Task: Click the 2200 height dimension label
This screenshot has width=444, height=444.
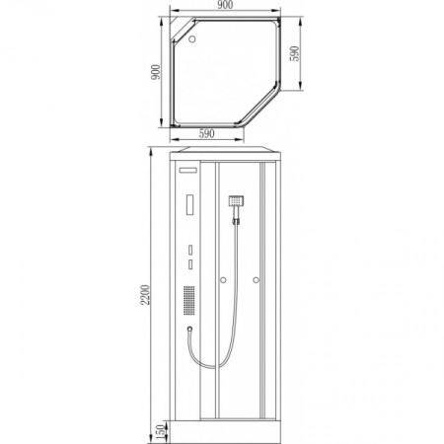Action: click(145, 295)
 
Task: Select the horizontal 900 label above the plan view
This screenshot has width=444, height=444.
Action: click(225, 5)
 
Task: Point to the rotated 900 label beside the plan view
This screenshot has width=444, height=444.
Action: click(156, 72)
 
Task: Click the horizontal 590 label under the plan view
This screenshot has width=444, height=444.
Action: click(206, 133)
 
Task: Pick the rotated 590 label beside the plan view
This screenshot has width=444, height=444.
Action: click(295, 53)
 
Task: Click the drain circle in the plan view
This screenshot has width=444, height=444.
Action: click(192, 38)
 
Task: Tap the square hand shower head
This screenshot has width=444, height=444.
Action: click(236, 200)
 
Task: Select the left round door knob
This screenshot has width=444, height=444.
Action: click(223, 280)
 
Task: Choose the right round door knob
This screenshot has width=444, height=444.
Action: click(256, 280)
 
